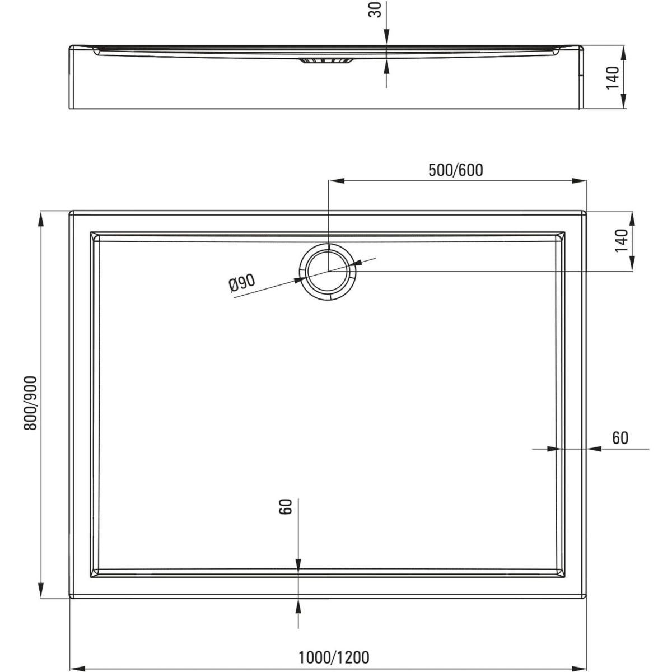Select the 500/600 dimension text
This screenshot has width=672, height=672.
(455, 170)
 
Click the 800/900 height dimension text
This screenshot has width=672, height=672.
(31, 403)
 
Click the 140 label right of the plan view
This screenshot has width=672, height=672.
(622, 240)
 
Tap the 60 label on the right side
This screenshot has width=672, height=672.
(620, 438)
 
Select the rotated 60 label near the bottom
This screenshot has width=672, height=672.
(285, 507)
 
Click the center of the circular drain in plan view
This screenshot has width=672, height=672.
(328, 271)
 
